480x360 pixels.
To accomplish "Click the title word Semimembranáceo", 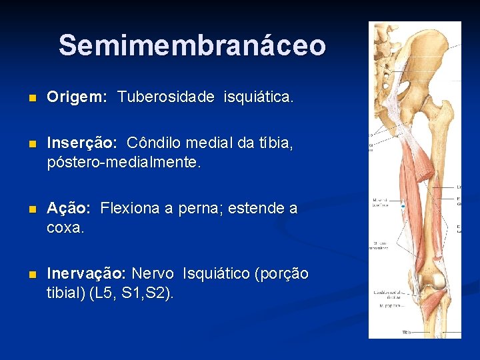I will pos(192,45).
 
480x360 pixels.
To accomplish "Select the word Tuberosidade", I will pos(166,97).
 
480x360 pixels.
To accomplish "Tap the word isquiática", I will pos(259,97).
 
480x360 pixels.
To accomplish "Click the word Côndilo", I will pos(153,143).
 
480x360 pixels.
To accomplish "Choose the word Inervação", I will pos(86,274).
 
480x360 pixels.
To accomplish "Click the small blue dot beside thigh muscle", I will pos(403,208).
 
